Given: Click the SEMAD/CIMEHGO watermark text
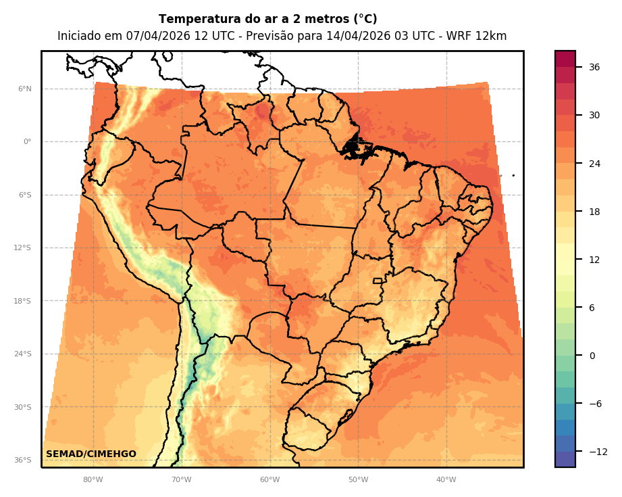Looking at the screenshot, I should tap(91, 454).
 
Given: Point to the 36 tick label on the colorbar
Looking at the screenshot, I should tap(594, 67).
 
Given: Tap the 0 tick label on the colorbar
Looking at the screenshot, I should tap(592, 356).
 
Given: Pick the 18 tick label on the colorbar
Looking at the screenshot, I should tap(594, 212).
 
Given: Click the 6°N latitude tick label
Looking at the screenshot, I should tap(24, 89).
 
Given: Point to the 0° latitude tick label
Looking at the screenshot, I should tap(27, 142).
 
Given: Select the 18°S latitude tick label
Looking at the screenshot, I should tap(23, 301).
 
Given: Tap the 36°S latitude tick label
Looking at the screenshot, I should tap(23, 460).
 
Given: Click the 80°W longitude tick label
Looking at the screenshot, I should tap(93, 480).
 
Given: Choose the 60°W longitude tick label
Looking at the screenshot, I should tap(269, 480).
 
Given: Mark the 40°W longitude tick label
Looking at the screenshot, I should tap(446, 480).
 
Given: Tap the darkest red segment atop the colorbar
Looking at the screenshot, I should tap(565, 59).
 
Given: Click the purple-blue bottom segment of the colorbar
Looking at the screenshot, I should tap(565, 459).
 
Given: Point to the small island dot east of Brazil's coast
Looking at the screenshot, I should tap(513, 175).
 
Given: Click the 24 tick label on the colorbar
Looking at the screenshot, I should tap(594, 164).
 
